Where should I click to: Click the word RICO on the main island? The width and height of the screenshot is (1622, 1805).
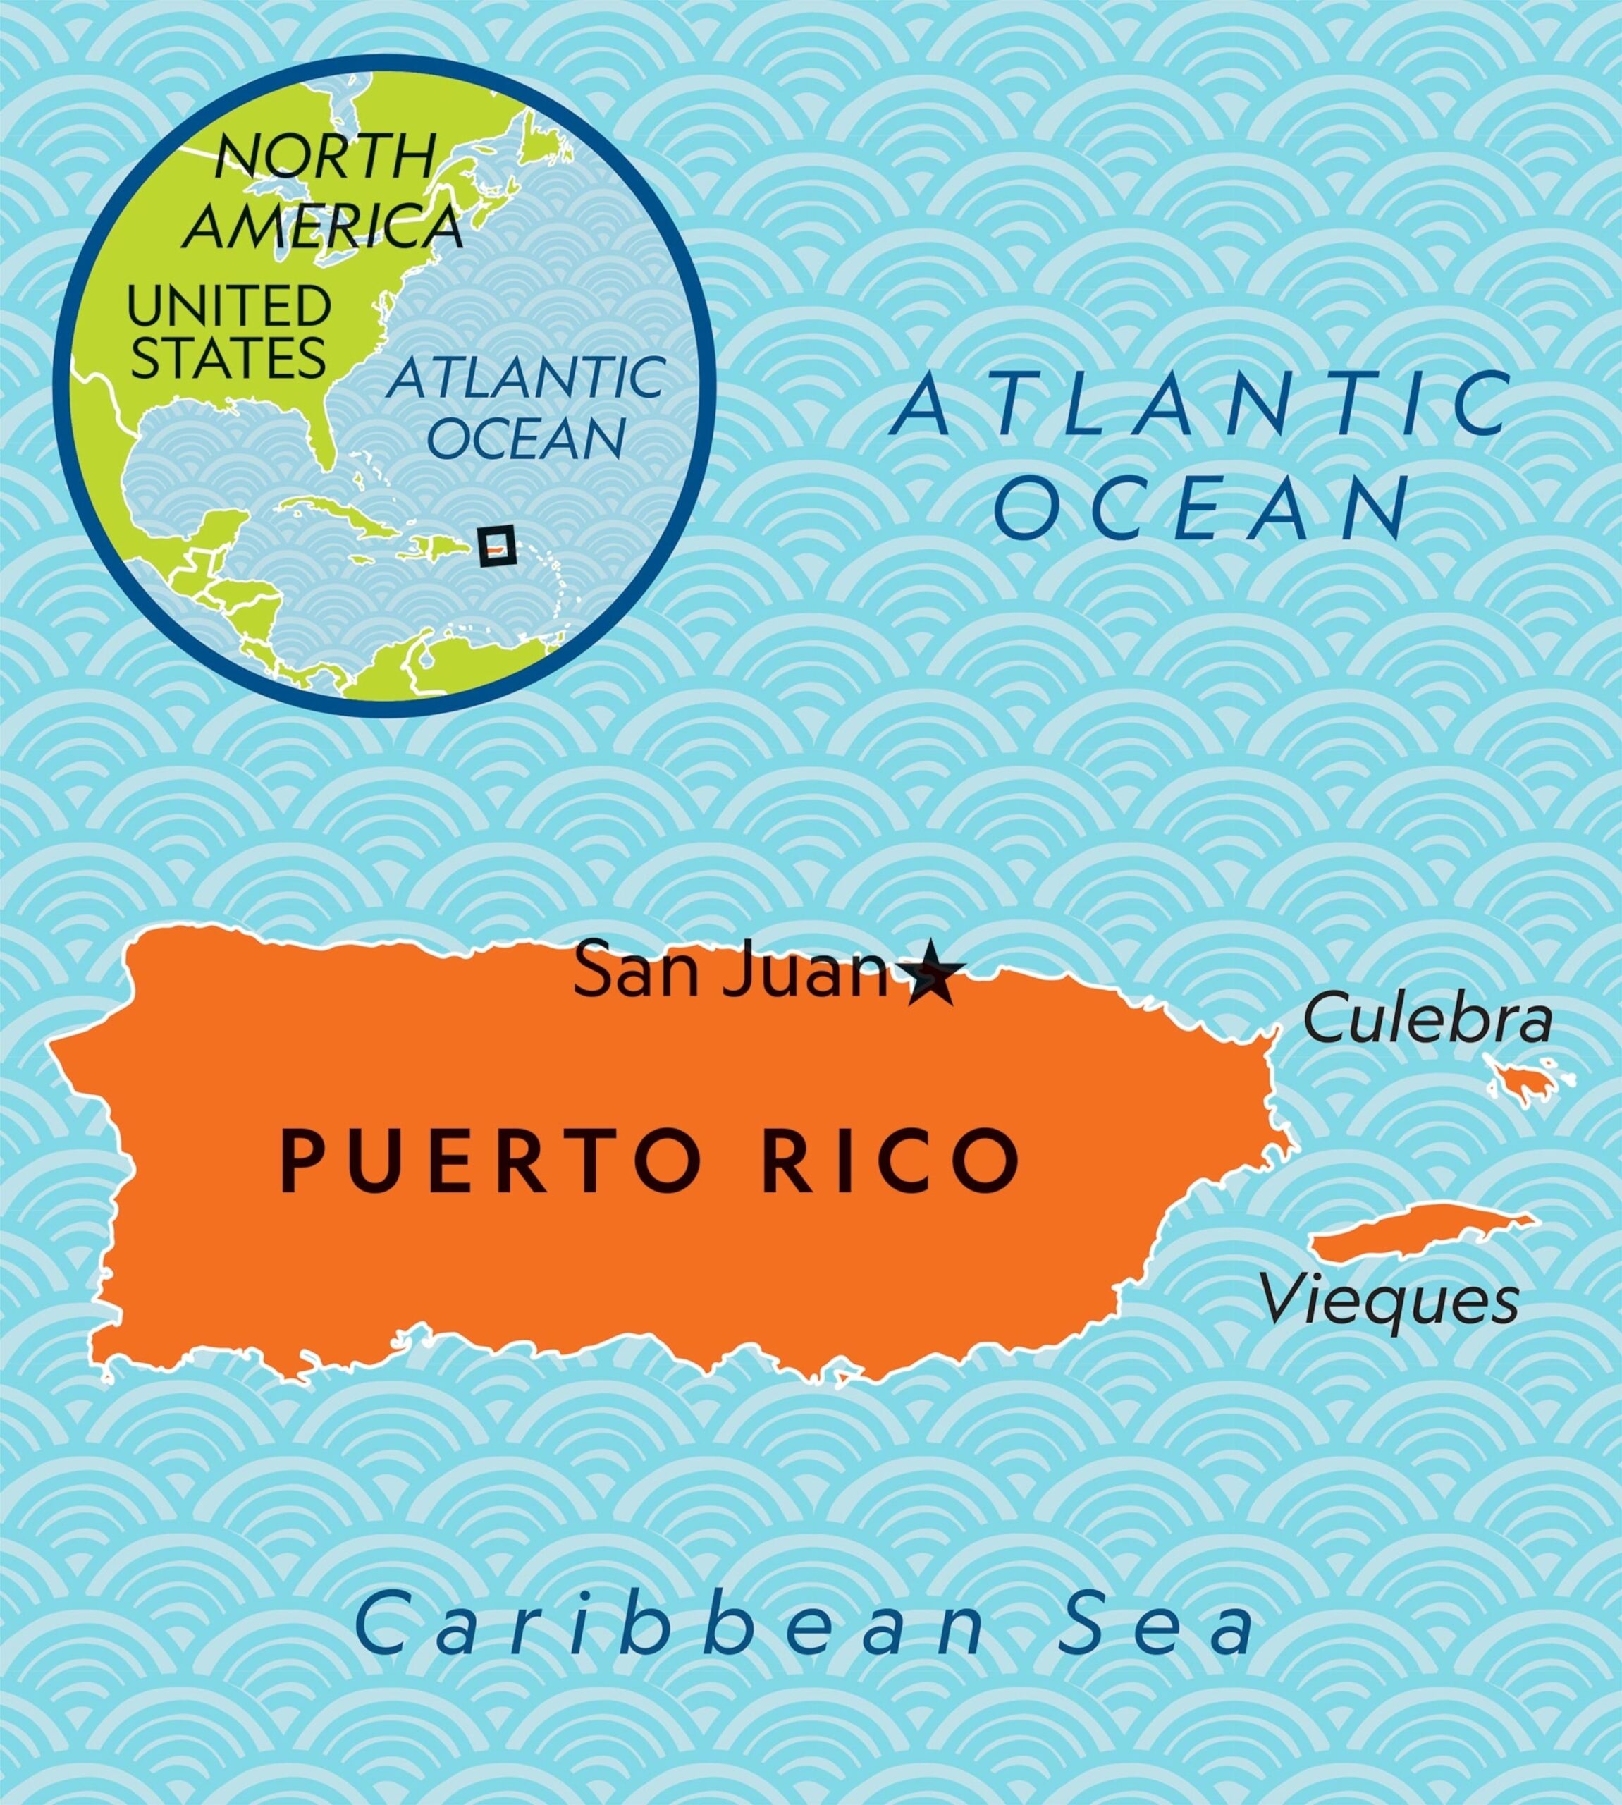(x=893, y=1161)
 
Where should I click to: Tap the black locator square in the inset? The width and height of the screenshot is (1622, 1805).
(x=496, y=546)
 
